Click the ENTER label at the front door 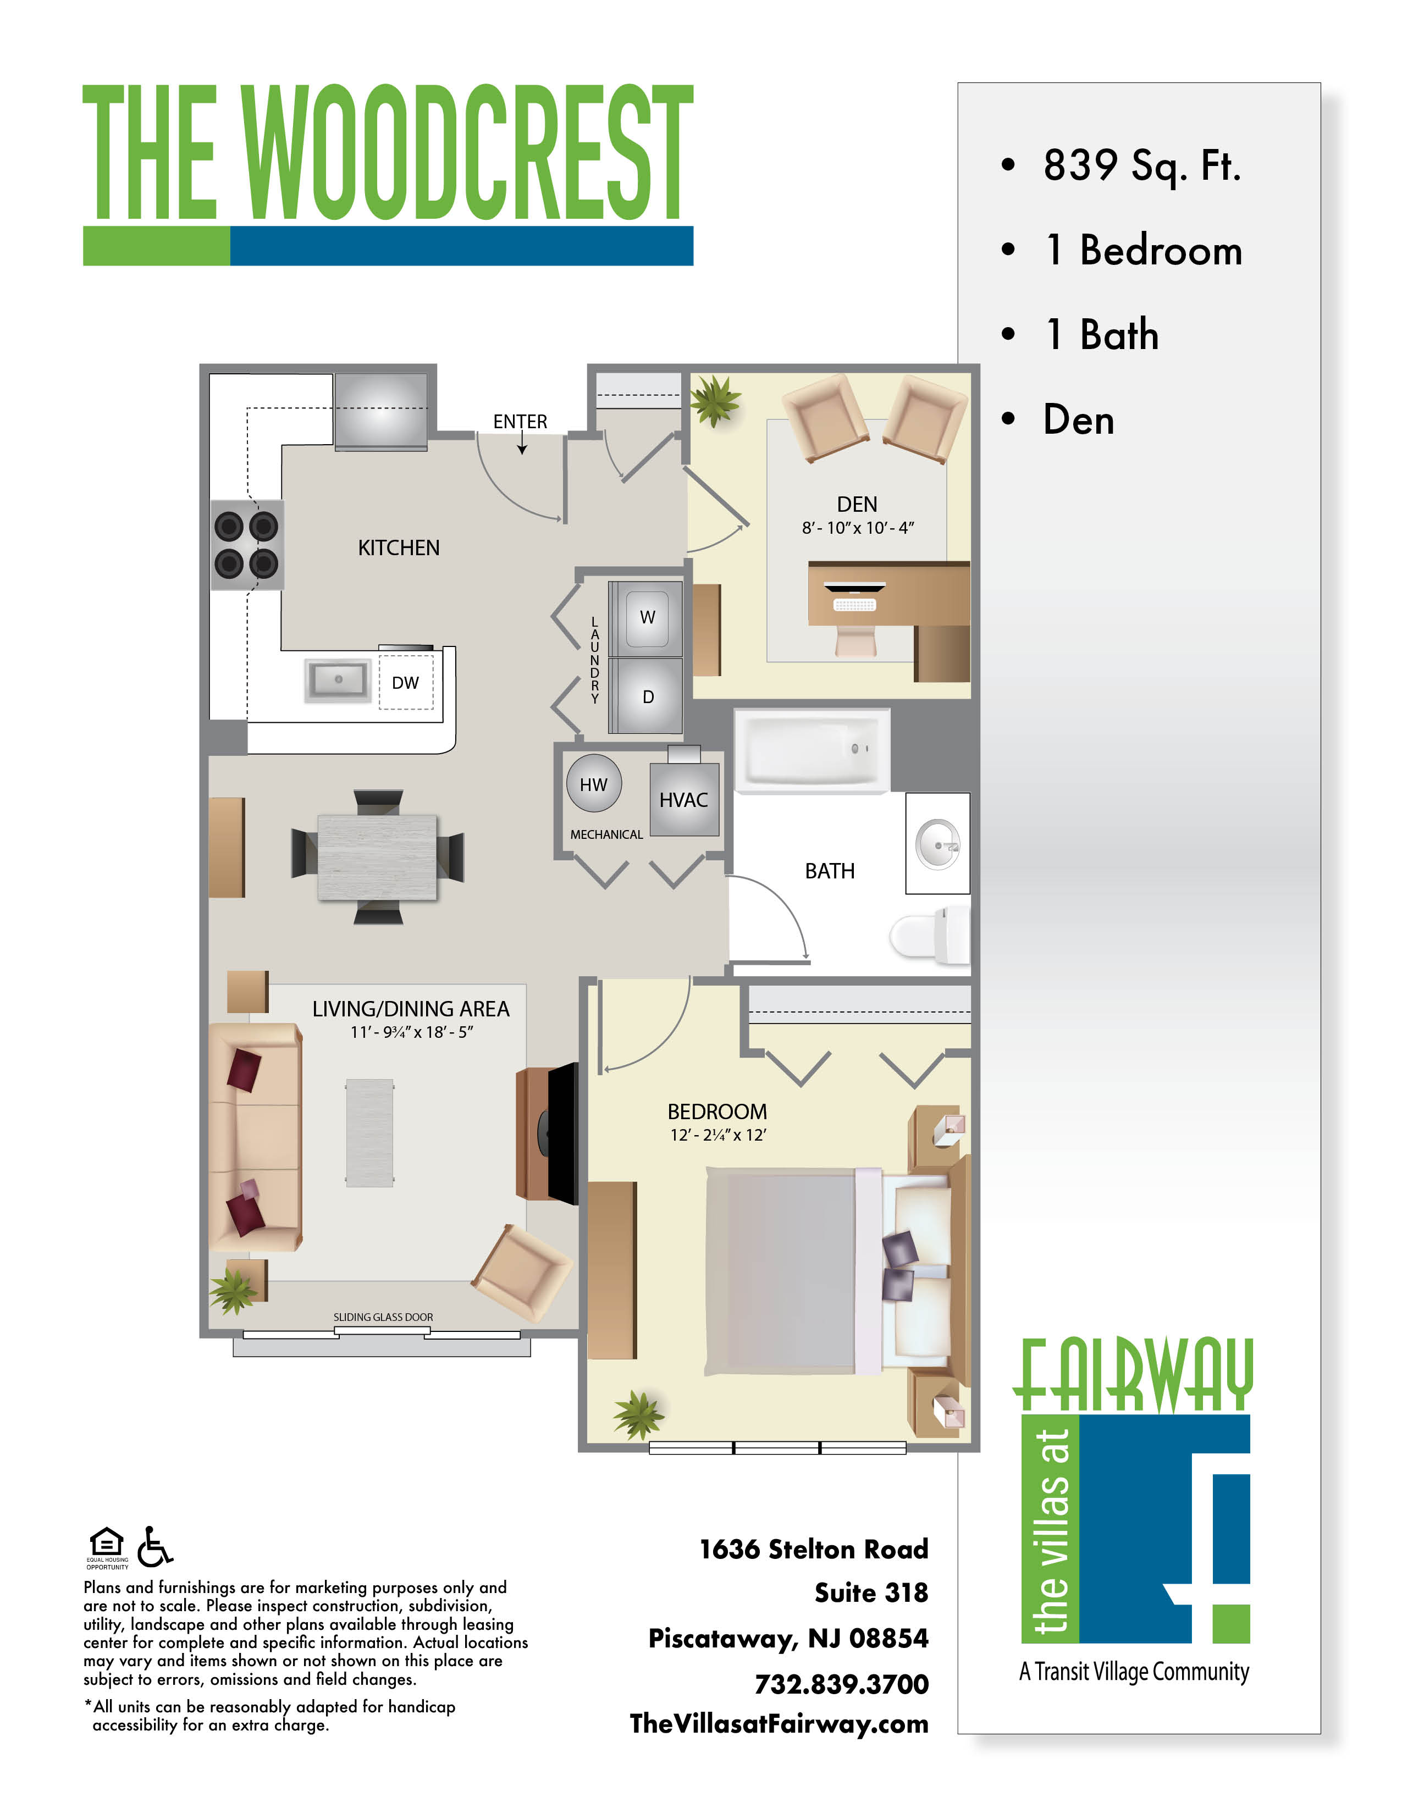(x=520, y=422)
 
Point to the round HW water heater (x=593, y=784)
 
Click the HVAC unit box (x=683, y=799)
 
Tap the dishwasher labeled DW (x=405, y=682)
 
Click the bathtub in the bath (x=812, y=750)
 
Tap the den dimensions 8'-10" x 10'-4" (x=857, y=527)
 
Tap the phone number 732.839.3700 (x=841, y=1684)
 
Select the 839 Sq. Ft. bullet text (x=1142, y=165)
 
